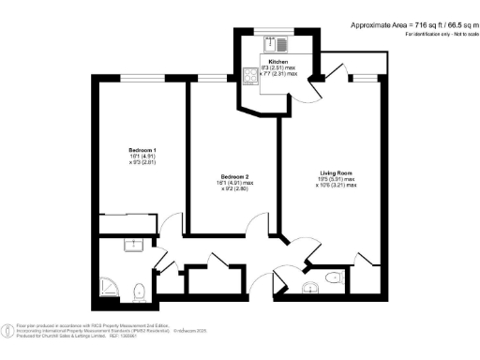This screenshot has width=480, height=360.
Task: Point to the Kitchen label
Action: pyautogui.click(x=277, y=60)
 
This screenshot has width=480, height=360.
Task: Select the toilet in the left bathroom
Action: pyautogui.click(x=140, y=291)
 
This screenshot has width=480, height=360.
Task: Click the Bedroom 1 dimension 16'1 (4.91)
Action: pyautogui.click(x=142, y=158)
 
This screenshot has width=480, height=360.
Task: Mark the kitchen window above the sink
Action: pyautogui.click(x=278, y=30)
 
